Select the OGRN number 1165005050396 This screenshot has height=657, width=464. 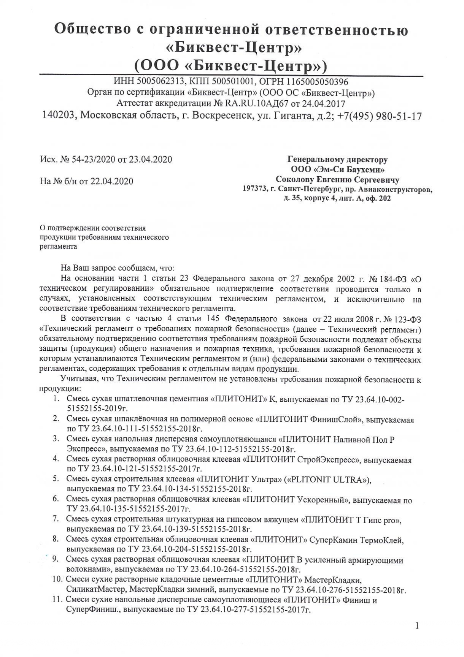click(x=318, y=82)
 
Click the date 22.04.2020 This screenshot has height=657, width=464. click(x=112, y=181)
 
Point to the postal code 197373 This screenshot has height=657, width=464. click(x=255, y=189)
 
